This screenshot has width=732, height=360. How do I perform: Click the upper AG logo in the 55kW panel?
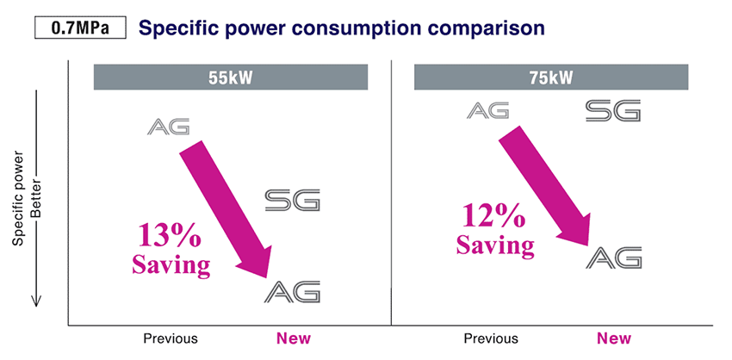[x=169, y=127]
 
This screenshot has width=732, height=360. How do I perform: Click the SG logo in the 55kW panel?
[x=292, y=201]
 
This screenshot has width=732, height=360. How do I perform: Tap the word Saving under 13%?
[x=171, y=264]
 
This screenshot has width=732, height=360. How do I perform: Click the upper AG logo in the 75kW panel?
[x=488, y=110]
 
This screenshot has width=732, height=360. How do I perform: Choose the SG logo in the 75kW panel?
[x=612, y=110]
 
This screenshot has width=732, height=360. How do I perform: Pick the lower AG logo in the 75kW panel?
[x=615, y=257]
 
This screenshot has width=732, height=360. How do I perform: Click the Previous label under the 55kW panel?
[x=171, y=338]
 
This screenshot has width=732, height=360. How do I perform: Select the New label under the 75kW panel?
[x=614, y=338]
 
